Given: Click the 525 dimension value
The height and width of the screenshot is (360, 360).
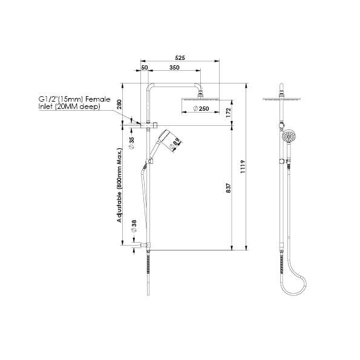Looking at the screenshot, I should (178, 57).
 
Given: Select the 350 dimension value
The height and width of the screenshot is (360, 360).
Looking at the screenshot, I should (174, 68).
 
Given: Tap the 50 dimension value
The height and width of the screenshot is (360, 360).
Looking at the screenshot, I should (145, 68).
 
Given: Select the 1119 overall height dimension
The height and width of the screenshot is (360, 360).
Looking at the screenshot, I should (242, 166).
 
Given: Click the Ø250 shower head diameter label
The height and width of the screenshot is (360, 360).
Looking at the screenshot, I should (200, 109).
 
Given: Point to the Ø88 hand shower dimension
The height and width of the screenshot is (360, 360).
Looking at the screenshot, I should (175, 143).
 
